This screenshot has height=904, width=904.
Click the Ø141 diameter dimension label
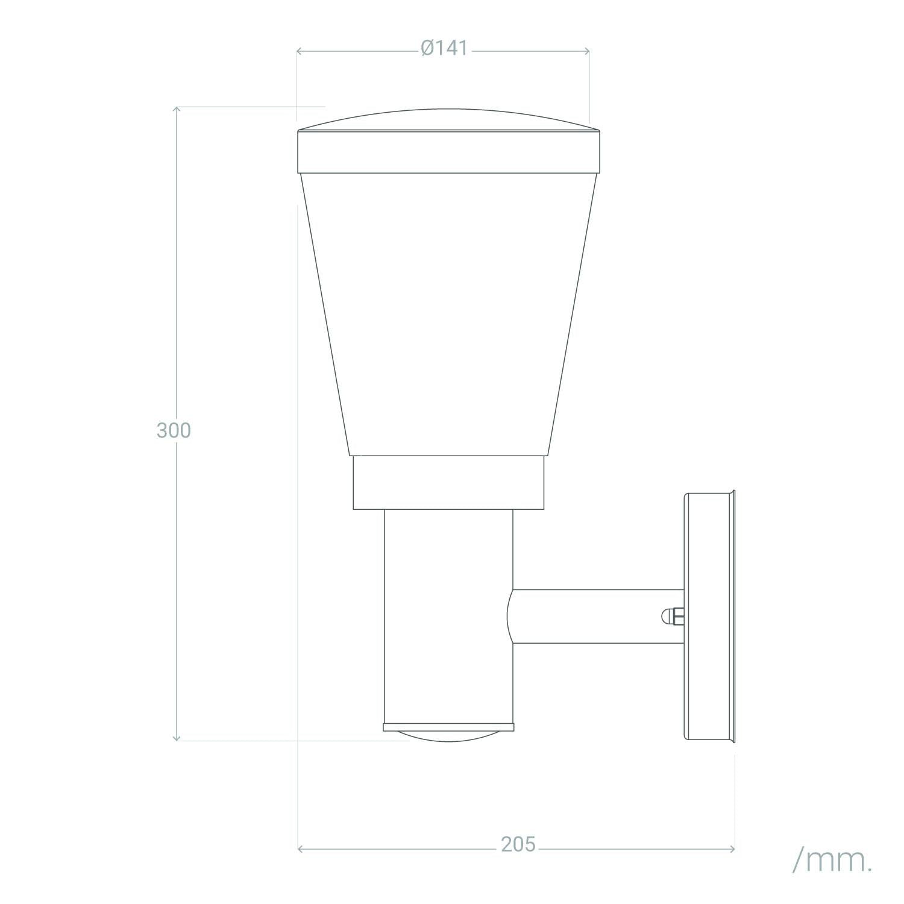point(445,49)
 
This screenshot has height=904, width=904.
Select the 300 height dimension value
point(174,430)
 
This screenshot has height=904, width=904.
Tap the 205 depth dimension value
point(518,844)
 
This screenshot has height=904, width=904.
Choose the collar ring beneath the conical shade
point(449,483)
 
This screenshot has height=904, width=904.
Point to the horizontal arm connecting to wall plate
point(597,617)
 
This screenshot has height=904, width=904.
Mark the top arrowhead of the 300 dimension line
point(177,109)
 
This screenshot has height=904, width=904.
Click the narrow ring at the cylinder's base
point(449,727)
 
